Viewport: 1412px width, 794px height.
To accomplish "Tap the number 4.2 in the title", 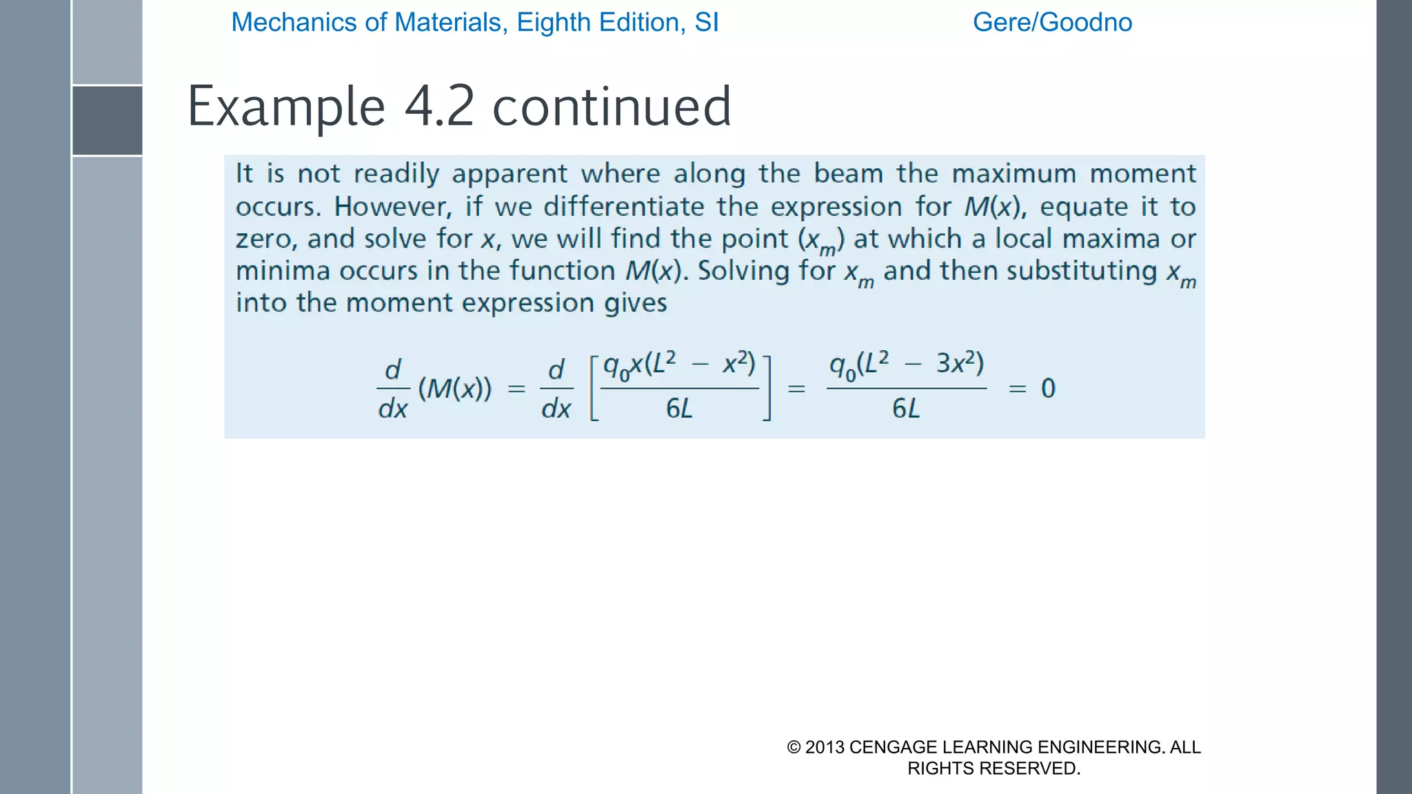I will [x=439, y=107].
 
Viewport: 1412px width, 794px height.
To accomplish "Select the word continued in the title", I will [x=612, y=107].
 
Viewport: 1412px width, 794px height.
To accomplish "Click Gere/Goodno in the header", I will [x=1052, y=22].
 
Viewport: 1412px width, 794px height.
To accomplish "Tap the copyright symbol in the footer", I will [x=794, y=747].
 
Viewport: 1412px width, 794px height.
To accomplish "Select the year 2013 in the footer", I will [x=825, y=747].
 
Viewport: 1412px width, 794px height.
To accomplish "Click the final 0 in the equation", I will [x=1048, y=389].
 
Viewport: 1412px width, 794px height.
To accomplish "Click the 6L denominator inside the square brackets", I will [x=679, y=409].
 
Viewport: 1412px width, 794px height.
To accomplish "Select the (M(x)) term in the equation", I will [x=455, y=389].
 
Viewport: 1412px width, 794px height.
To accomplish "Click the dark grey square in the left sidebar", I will [x=108, y=121].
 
